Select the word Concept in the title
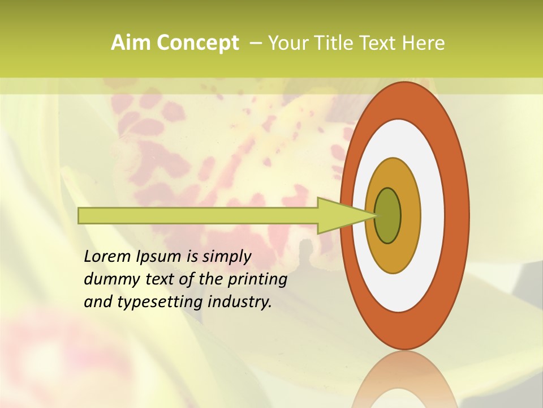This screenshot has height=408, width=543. [x=198, y=43]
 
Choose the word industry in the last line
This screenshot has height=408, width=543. [x=240, y=302]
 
